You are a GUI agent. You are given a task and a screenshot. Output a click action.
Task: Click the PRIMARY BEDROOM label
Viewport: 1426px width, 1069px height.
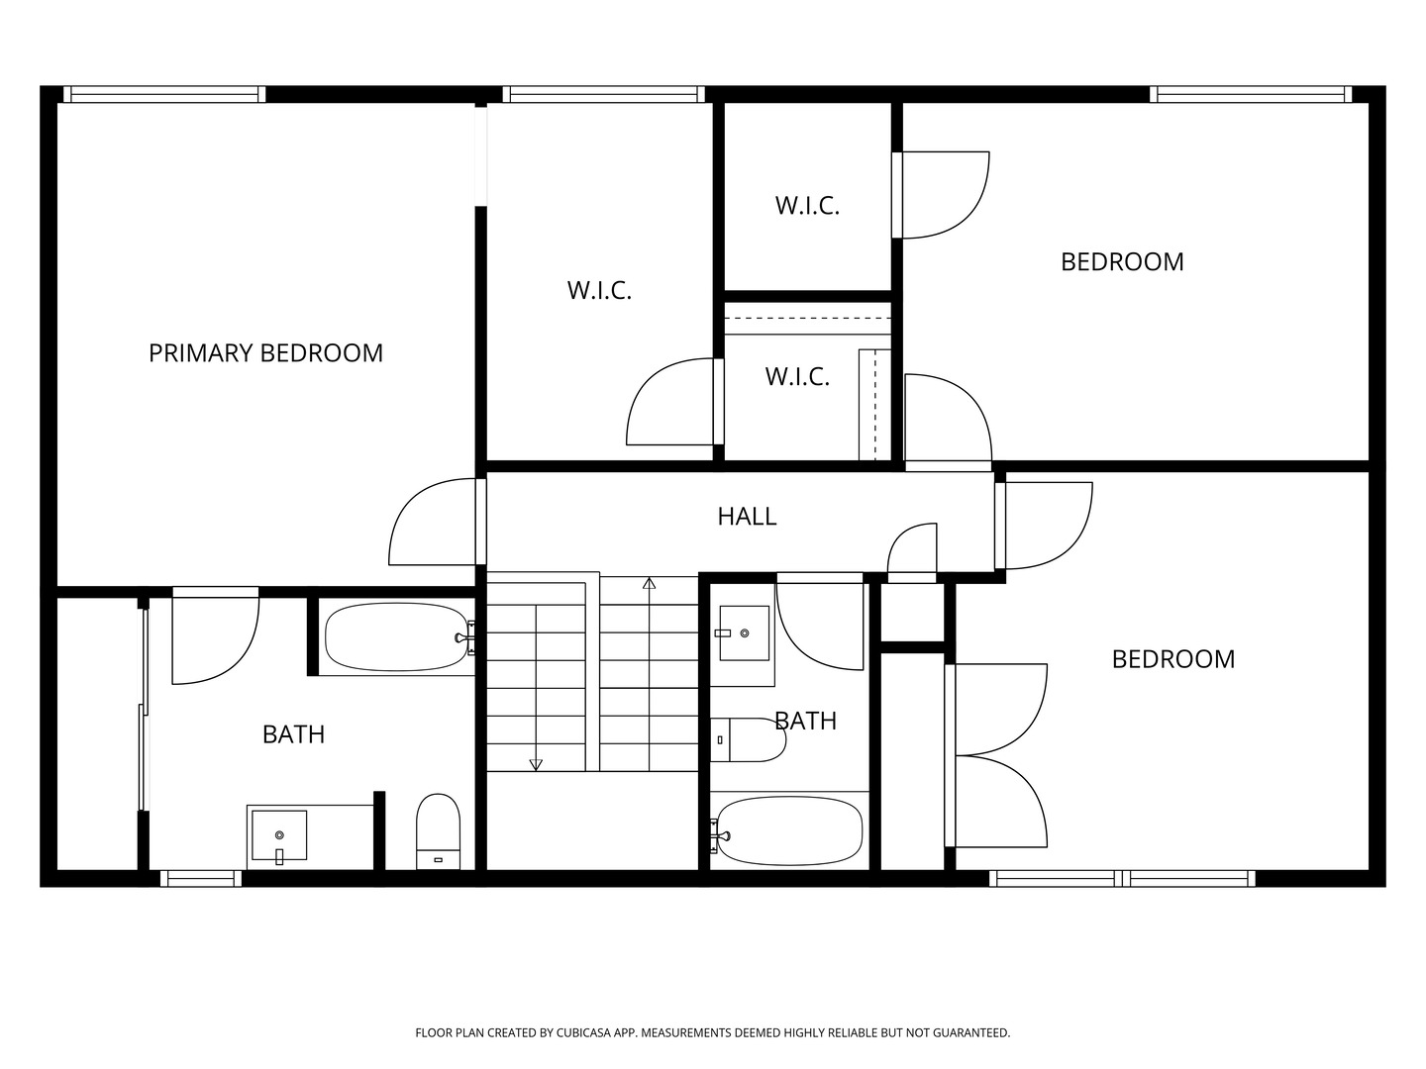point(265,353)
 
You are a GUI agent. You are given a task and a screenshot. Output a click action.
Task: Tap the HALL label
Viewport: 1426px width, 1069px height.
point(747,517)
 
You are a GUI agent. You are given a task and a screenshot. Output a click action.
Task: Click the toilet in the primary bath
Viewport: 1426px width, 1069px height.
point(438,830)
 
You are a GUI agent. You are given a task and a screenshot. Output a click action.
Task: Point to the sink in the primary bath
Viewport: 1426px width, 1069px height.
point(279,836)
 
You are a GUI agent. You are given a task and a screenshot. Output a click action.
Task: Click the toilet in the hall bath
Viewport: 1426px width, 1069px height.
point(748,739)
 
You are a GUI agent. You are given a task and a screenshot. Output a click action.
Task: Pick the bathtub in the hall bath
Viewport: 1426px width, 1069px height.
point(788,830)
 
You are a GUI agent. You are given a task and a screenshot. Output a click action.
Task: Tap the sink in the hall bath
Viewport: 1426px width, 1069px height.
point(745,632)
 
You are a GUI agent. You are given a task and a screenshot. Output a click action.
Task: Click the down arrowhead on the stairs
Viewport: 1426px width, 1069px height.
point(536,764)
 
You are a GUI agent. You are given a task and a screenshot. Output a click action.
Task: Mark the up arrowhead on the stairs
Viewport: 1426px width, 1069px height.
point(649,583)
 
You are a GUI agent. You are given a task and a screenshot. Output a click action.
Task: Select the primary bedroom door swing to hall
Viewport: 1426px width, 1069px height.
point(433,522)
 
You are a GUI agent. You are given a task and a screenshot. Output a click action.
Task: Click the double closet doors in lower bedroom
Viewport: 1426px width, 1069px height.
point(996,755)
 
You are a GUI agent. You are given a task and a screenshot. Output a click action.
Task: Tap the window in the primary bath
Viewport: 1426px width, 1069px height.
point(201,878)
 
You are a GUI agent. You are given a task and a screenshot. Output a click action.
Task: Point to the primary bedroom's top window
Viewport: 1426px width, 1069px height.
point(164,95)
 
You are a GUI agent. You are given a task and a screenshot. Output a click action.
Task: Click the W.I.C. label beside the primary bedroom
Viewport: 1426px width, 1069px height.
point(599,291)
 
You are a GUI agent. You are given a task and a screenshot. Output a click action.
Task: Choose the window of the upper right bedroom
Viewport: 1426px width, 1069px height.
point(1251,95)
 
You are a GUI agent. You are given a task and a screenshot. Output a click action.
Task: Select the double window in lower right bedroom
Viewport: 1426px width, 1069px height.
point(1122,878)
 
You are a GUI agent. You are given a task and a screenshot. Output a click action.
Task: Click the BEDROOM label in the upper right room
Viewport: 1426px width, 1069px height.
point(1122,262)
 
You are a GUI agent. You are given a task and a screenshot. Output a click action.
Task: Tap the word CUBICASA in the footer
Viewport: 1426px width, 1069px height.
point(583,1032)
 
